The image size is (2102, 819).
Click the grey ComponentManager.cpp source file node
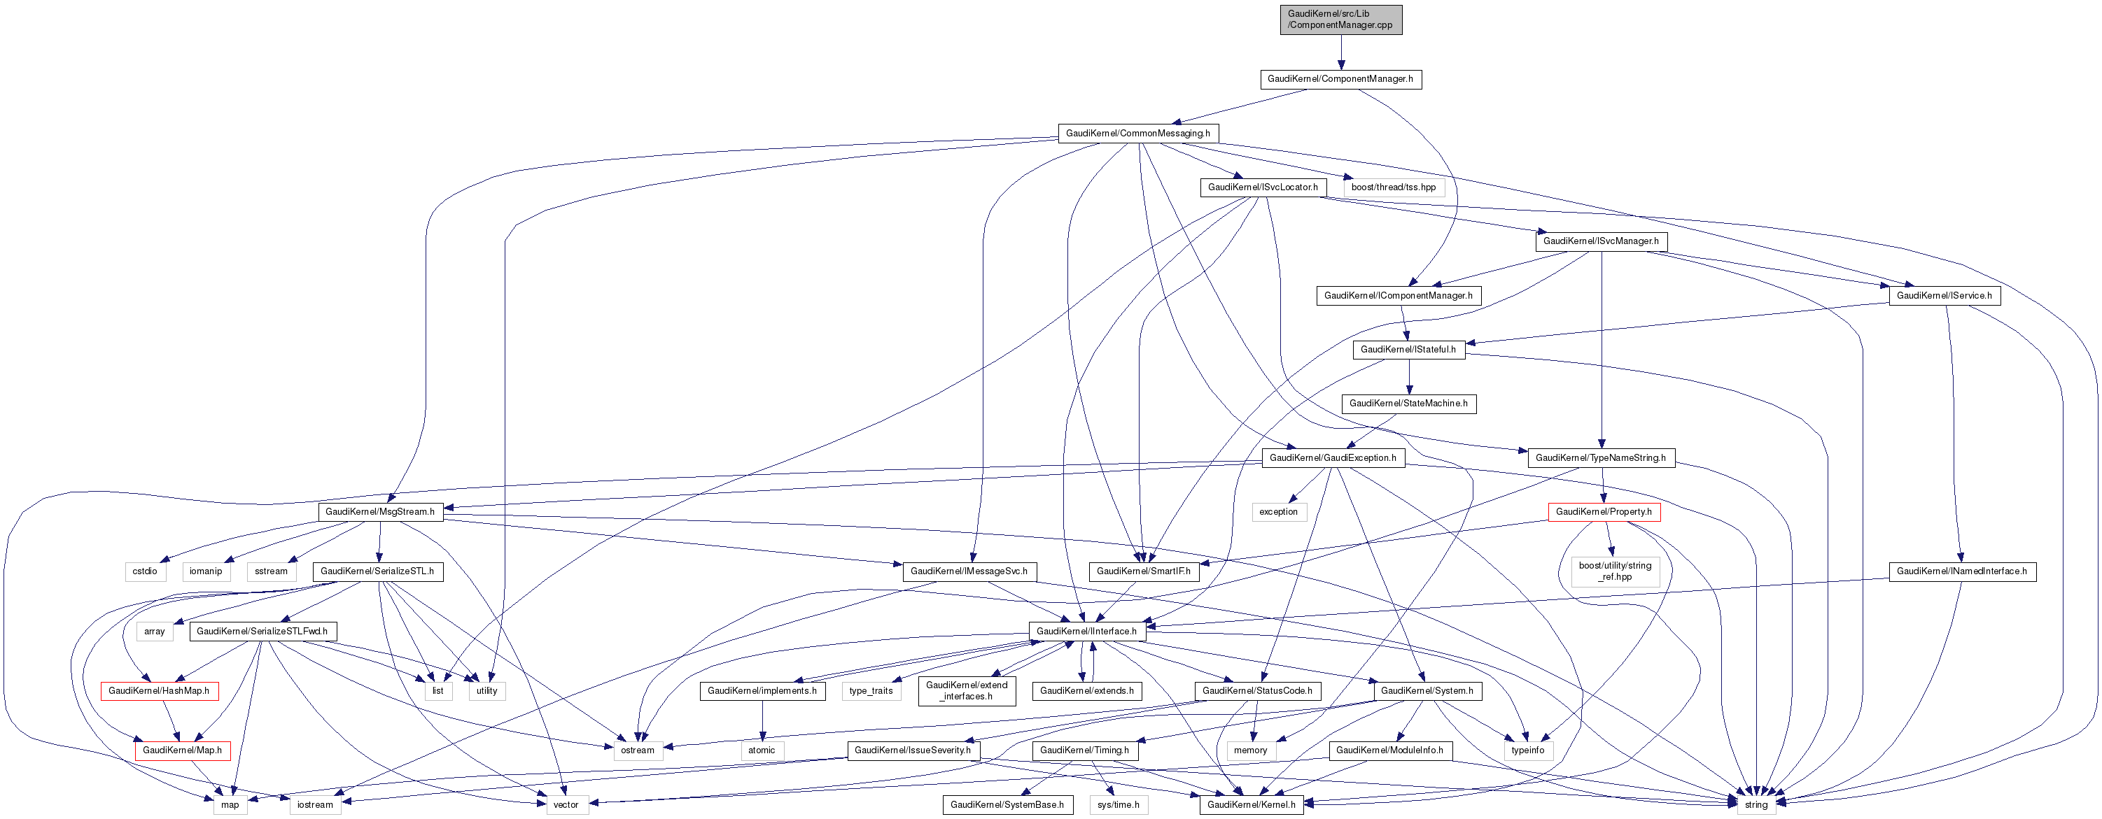1340,20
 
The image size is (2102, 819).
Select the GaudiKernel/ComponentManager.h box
1340,79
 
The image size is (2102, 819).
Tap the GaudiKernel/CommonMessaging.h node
1137,133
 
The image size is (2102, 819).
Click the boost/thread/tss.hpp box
1393,187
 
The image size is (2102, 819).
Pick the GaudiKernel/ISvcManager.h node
1600,241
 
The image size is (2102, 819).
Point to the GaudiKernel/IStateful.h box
1408,350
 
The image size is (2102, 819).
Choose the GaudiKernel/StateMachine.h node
1408,404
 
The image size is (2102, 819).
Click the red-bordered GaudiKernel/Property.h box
1603,512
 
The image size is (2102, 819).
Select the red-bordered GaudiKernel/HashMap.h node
159,691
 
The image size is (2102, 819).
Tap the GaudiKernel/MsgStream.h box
379,512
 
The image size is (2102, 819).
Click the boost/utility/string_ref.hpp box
1614,571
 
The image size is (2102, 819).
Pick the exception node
1278,512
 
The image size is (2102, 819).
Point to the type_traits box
871,691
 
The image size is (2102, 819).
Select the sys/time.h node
1118,805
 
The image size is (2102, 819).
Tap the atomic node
762,750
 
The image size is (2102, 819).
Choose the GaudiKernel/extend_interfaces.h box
966,691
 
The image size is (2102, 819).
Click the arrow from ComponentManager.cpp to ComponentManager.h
1340,52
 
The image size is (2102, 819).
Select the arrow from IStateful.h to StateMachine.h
1408,377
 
